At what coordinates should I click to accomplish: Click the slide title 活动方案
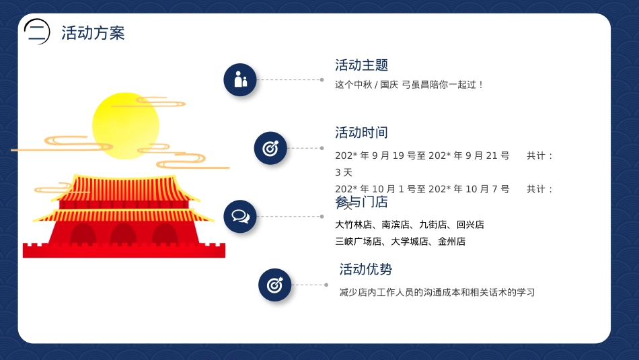pos(93,33)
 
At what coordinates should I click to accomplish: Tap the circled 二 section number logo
pos(37,31)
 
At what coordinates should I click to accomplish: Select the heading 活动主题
pos(362,65)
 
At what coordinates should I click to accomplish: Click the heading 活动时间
pos(362,133)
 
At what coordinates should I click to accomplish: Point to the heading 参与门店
pos(362,202)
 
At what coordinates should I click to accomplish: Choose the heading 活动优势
pos(366,270)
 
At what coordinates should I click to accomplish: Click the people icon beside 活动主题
pos(240,80)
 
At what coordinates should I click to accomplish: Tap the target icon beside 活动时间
pos(270,149)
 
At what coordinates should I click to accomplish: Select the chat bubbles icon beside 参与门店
pos(240,216)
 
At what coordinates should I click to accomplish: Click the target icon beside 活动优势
pos(275,285)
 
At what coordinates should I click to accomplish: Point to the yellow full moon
pos(126,127)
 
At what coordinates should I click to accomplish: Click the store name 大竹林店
pos(353,225)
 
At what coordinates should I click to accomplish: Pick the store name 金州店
pos(451,241)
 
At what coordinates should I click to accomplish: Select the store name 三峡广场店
pos(358,241)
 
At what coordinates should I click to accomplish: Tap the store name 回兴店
pos(470,225)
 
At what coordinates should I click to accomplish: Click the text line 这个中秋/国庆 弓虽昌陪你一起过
pos(410,85)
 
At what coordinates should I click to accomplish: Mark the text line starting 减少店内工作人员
pos(437,293)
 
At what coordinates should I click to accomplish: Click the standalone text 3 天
pos(344,172)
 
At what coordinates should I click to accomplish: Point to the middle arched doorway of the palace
pos(124,234)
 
